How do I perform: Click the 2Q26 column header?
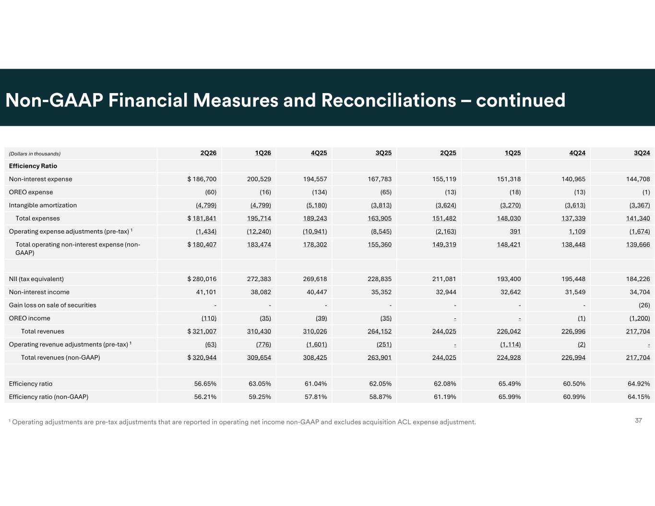tap(208, 153)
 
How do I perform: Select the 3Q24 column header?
tap(642, 153)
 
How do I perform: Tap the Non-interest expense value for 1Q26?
tap(259, 179)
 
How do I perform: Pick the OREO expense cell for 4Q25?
tap(320, 192)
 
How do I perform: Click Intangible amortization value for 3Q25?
tap(381, 205)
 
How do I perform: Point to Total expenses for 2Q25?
tap(444, 218)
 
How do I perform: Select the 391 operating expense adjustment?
tap(515, 231)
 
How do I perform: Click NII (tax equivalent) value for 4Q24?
tap(573, 279)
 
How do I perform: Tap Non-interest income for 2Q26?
tap(206, 292)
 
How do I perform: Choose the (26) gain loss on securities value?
tap(644, 305)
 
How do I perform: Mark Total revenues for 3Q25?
tap(380, 331)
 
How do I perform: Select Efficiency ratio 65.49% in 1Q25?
tap(510, 384)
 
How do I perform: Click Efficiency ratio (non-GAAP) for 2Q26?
tap(205, 397)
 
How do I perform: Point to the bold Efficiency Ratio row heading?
tap(33, 166)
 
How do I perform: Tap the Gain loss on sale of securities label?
tap(52, 305)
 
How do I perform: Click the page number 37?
tap(638, 421)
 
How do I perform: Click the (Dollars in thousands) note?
tap(35, 154)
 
